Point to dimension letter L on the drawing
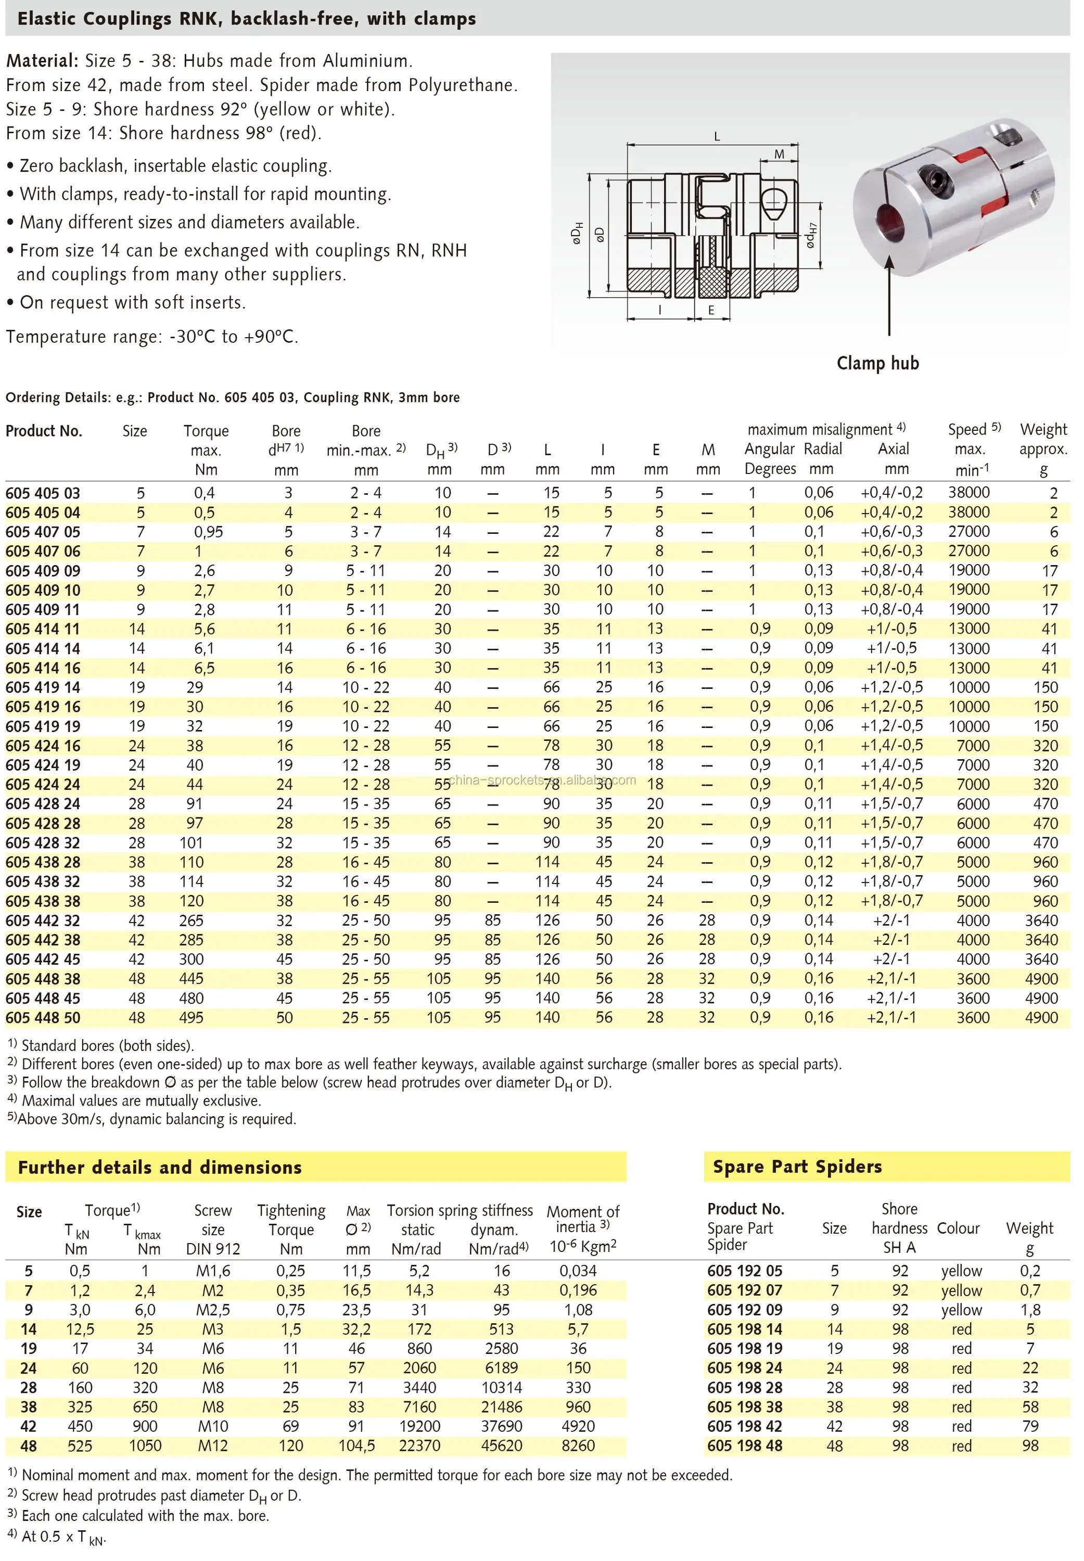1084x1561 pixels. pos(717,136)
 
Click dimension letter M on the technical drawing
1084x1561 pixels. pos(779,155)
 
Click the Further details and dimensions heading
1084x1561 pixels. pos(160,1167)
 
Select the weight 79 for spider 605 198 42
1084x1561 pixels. pos(1030,1427)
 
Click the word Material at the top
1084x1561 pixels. pos(42,61)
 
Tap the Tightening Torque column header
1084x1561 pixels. pos(291,1220)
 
